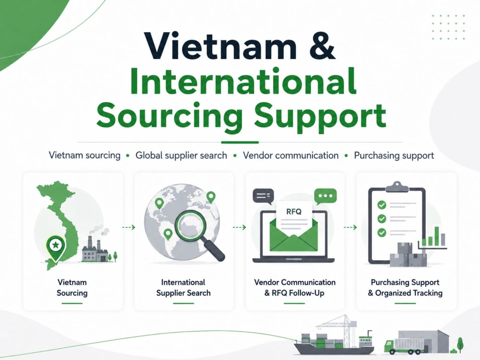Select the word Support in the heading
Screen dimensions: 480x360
pyautogui.click(x=320, y=117)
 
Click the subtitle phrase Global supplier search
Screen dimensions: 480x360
pyautogui.click(x=181, y=156)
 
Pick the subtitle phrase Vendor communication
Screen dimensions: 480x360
pyautogui.click(x=290, y=156)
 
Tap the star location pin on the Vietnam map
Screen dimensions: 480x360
pyautogui.click(x=56, y=247)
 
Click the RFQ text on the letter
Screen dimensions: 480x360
pyautogui.click(x=294, y=211)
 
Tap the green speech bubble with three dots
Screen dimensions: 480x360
pyautogui.click(x=325, y=196)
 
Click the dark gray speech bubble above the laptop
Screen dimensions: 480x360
pyautogui.click(x=263, y=196)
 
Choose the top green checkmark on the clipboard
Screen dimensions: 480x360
pyautogui.click(x=382, y=205)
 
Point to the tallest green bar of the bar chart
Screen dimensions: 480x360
pyautogui.click(x=437, y=236)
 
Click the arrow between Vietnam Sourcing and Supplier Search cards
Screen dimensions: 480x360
pyautogui.click(x=129, y=227)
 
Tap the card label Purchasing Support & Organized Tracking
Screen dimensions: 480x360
pyautogui.click(x=405, y=288)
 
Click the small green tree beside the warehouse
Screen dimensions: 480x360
pyautogui.click(x=460, y=344)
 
